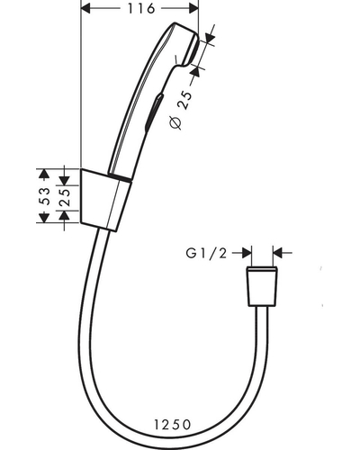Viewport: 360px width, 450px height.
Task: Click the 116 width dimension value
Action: pos(141,8)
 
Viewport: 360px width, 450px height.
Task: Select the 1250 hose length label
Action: pos(173,425)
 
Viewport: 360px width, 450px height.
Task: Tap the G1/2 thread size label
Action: pos(206,254)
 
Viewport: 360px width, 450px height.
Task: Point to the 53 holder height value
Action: pos(45,196)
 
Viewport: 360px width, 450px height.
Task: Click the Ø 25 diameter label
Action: pos(181,110)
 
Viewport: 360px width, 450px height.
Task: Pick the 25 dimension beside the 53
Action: pos(65,197)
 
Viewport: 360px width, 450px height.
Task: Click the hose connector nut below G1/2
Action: pos(262,286)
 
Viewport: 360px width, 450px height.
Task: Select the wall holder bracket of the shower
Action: pos(105,200)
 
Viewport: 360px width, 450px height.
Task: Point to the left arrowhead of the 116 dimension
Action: pos(85,9)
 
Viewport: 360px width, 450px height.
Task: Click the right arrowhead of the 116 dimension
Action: pos(193,9)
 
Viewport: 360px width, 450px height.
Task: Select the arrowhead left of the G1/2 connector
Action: pos(247,253)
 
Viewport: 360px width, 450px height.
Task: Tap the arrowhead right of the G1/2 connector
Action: pos(278,253)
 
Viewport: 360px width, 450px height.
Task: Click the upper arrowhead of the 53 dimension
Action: pos(44,174)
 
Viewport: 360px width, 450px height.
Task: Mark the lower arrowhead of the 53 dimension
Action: pos(44,218)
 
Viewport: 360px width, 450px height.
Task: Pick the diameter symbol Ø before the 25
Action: pos(175,122)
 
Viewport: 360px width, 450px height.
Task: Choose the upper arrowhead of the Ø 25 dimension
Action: pos(211,37)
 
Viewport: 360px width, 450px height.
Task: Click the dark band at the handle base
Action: pos(120,177)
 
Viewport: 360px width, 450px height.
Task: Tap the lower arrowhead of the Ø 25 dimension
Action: pos(195,71)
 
